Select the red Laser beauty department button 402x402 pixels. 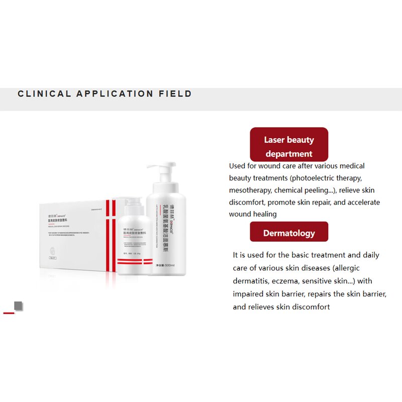pyautogui.click(x=289, y=146)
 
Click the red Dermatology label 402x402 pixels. pyautogui.click(x=289, y=233)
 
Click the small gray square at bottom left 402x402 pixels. pyautogui.click(x=19, y=306)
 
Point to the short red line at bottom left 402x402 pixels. pyautogui.click(x=9, y=313)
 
